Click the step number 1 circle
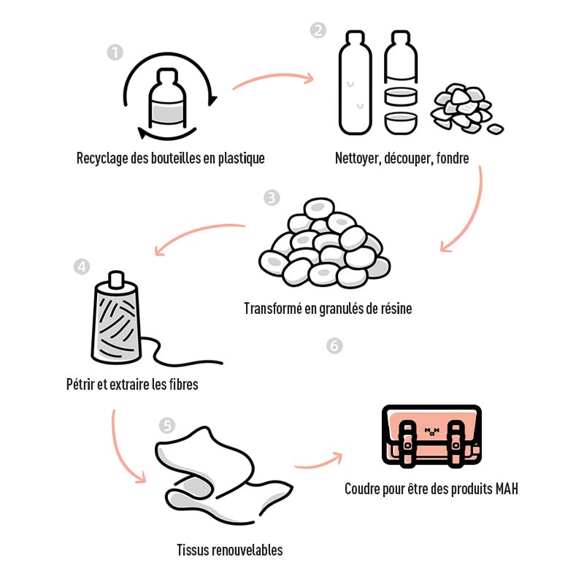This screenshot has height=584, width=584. (115, 52)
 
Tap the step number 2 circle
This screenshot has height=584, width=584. (318, 31)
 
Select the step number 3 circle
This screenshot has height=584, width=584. (272, 198)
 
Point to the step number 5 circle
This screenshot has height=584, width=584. (167, 426)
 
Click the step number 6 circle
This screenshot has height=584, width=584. (334, 345)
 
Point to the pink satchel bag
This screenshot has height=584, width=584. (431, 435)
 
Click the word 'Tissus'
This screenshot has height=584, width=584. (193, 549)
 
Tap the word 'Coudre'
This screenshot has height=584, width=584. (364, 488)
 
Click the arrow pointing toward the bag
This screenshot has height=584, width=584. (318, 460)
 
